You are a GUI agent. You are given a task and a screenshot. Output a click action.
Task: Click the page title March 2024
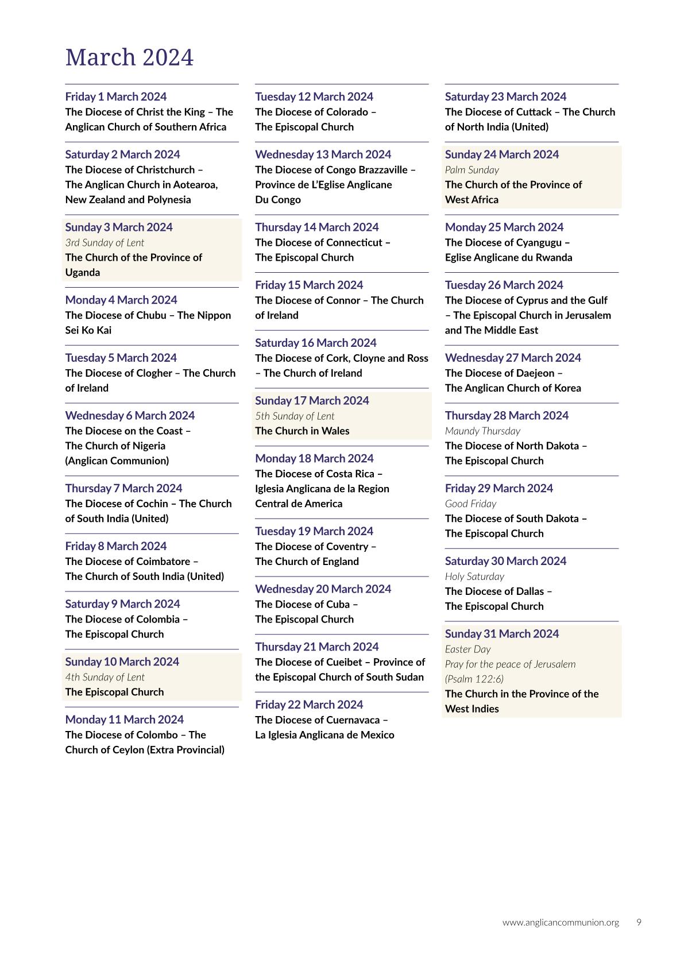pyautogui.click(x=129, y=57)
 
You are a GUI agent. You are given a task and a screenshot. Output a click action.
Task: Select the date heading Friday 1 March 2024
pyautogui.click(x=116, y=96)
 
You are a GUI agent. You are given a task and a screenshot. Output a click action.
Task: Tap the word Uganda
pyautogui.click(x=83, y=272)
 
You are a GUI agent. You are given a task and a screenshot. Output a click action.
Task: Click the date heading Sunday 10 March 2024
pyautogui.click(x=122, y=662)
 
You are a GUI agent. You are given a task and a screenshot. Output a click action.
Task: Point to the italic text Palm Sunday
pyautogui.click(x=472, y=169)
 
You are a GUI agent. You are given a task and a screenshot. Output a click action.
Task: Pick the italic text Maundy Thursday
pyautogui.click(x=482, y=431)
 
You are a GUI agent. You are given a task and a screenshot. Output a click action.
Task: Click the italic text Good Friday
pyautogui.click(x=470, y=504)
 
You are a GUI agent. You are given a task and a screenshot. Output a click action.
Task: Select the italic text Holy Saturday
pyautogui.click(x=474, y=576)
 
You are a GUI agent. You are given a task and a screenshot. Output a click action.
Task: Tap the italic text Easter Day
pyautogui.click(x=467, y=649)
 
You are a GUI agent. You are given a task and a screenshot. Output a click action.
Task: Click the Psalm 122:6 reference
pyautogui.click(x=474, y=679)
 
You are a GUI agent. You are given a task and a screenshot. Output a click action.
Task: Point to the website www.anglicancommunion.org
pyautogui.click(x=561, y=922)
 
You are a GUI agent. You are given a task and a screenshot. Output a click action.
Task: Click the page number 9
pyautogui.click(x=639, y=922)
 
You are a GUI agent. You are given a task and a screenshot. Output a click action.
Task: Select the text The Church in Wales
pyautogui.click(x=302, y=431)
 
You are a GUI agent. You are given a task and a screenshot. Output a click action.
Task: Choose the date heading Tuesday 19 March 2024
pyautogui.click(x=314, y=531)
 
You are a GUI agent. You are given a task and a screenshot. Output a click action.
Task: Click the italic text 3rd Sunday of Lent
pyautogui.click(x=105, y=242)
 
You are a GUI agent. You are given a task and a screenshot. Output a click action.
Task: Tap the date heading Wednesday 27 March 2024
pyautogui.click(x=513, y=358)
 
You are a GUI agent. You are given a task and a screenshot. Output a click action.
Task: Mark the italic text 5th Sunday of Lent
pyautogui.click(x=295, y=416)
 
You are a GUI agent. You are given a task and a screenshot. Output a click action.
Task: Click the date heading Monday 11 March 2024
pyautogui.click(x=125, y=720)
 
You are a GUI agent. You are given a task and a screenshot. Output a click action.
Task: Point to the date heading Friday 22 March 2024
pyautogui.click(x=309, y=705)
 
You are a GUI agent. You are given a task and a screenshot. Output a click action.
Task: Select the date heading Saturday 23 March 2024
pyautogui.click(x=505, y=96)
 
